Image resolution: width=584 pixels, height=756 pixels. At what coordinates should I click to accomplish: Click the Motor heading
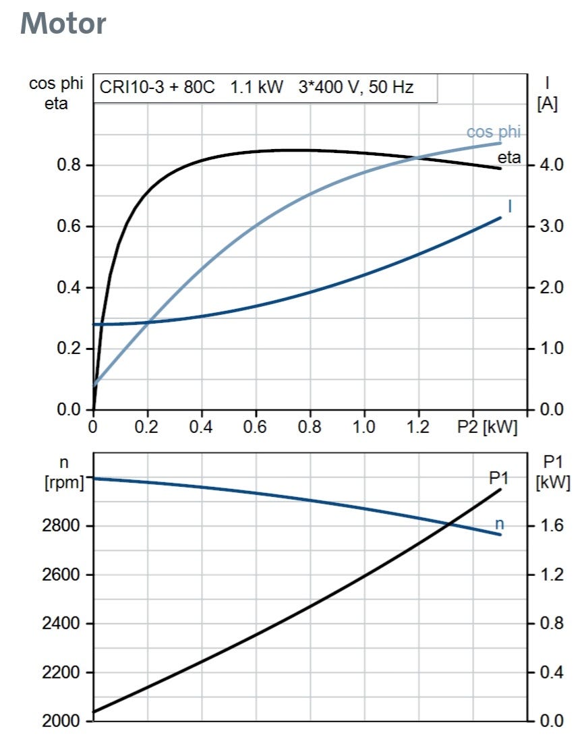pyautogui.click(x=63, y=24)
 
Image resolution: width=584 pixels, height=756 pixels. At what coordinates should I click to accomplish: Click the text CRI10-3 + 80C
pyautogui.click(x=157, y=87)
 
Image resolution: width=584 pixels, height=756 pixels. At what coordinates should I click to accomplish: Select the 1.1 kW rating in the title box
pyautogui.click(x=257, y=87)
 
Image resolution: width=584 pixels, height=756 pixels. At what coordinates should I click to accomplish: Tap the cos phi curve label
pyautogui.click(x=494, y=132)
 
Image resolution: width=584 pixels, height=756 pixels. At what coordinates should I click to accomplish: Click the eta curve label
pyautogui.click(x=509, y=158)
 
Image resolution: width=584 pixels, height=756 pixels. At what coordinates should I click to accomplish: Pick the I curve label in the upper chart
pyautogui.click(x=510, y=206)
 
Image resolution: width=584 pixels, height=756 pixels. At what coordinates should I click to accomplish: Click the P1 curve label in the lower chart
pyautogui.click(x=499, y=477)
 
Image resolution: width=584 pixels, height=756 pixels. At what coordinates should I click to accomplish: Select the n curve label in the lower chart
pyautogui.click(x=500, y=524)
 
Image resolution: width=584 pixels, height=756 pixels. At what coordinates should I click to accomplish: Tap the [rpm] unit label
pyautogui.click(x=64, y=483)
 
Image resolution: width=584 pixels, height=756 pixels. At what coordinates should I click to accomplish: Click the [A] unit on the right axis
pyautogui.click(x=548, y=105)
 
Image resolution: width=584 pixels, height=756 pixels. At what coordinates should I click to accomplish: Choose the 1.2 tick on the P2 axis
pyautogui.click(x=419, y=428)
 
